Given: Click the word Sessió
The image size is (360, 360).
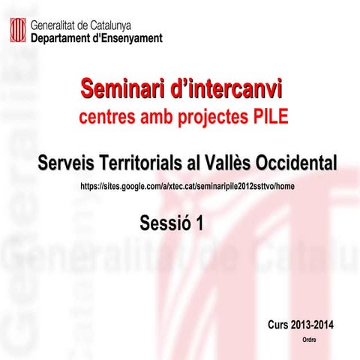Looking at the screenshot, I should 164,223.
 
